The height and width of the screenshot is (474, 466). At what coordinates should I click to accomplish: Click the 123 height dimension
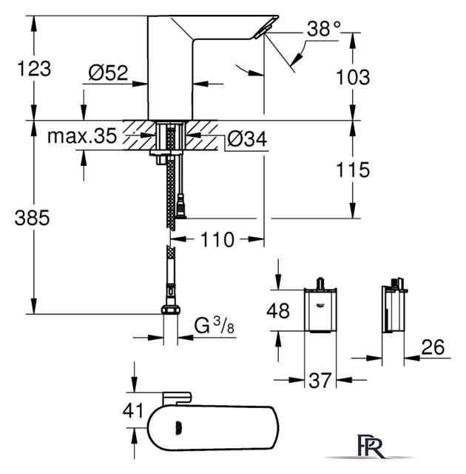point(34,69)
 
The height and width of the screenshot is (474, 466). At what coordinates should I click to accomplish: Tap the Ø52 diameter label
point(108,73)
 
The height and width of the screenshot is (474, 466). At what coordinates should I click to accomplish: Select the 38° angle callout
point(324,29)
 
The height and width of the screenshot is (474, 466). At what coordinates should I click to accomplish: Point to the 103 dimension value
point(353,77)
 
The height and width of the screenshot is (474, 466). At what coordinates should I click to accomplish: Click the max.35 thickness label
point(82,136)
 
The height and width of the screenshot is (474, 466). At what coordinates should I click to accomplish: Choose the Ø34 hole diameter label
point(247,138)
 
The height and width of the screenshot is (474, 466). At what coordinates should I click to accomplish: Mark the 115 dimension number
point(353,170)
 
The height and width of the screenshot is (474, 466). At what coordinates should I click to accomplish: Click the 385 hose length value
point(32,218)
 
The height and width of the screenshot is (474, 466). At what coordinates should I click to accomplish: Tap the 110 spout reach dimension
point(217,240)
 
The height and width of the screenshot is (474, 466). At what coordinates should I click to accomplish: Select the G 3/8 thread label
point(214,325)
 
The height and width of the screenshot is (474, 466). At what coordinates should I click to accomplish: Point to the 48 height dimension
point(278,310)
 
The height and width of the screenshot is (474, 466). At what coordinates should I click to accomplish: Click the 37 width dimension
point(320,380)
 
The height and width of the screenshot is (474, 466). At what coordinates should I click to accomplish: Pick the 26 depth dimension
point(433,347)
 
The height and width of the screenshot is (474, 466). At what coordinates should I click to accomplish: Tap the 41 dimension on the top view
point(133,411)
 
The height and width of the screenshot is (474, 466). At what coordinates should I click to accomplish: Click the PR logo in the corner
point(370,447)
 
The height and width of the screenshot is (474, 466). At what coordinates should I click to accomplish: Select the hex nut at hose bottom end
point(171,310)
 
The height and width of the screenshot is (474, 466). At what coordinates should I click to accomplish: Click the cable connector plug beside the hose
point(180,207)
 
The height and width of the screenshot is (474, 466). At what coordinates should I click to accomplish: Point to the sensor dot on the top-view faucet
point(178,428)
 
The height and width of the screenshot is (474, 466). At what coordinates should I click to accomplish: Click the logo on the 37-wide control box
point(320,305)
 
